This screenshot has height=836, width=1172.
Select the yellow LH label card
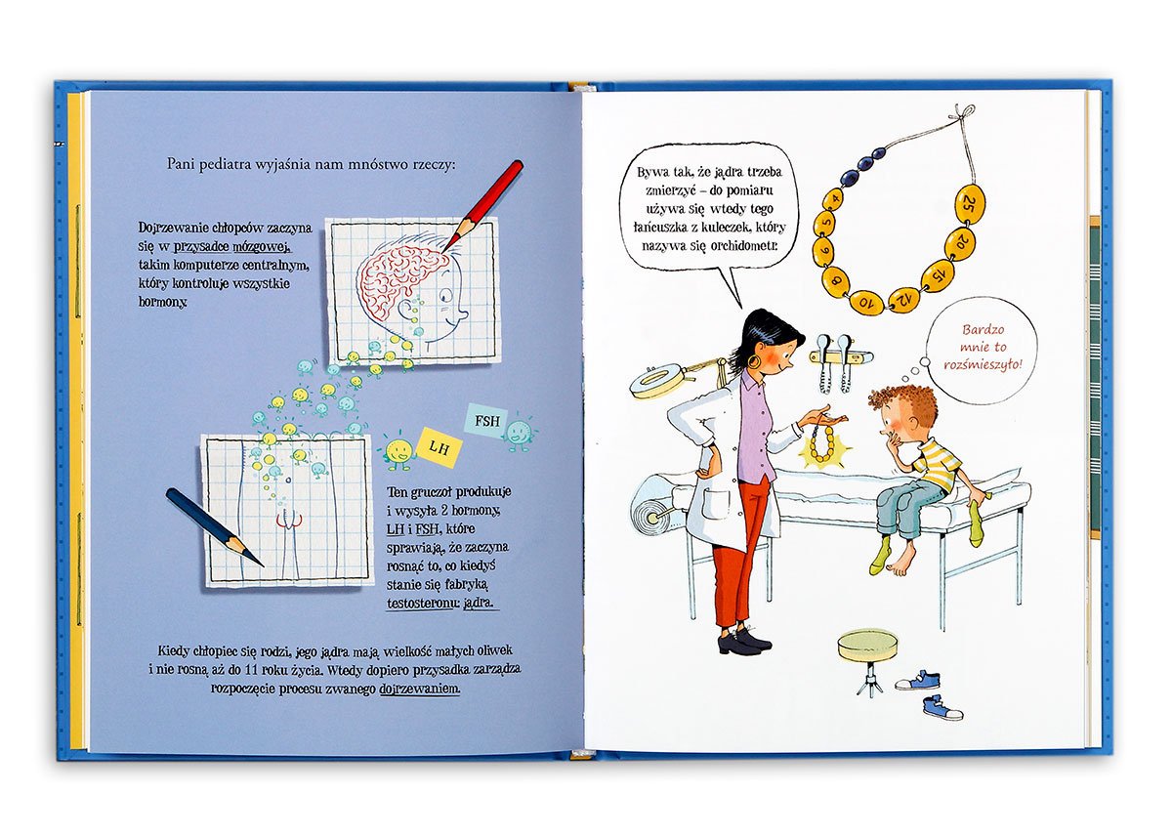(439, 447)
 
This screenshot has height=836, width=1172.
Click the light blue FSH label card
(486, 421)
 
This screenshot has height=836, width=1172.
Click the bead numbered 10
(864, 301)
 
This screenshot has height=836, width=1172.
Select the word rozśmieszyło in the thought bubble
(983, 364)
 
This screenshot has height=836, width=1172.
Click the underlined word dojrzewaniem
(420, 689)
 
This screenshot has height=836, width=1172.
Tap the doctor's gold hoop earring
(757, 361)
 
